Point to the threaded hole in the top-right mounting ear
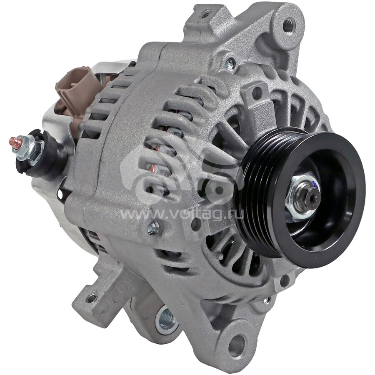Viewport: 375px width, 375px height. point(289,25)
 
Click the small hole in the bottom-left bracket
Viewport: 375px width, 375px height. point(92,298)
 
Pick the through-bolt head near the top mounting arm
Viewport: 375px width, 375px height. point(230,62)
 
